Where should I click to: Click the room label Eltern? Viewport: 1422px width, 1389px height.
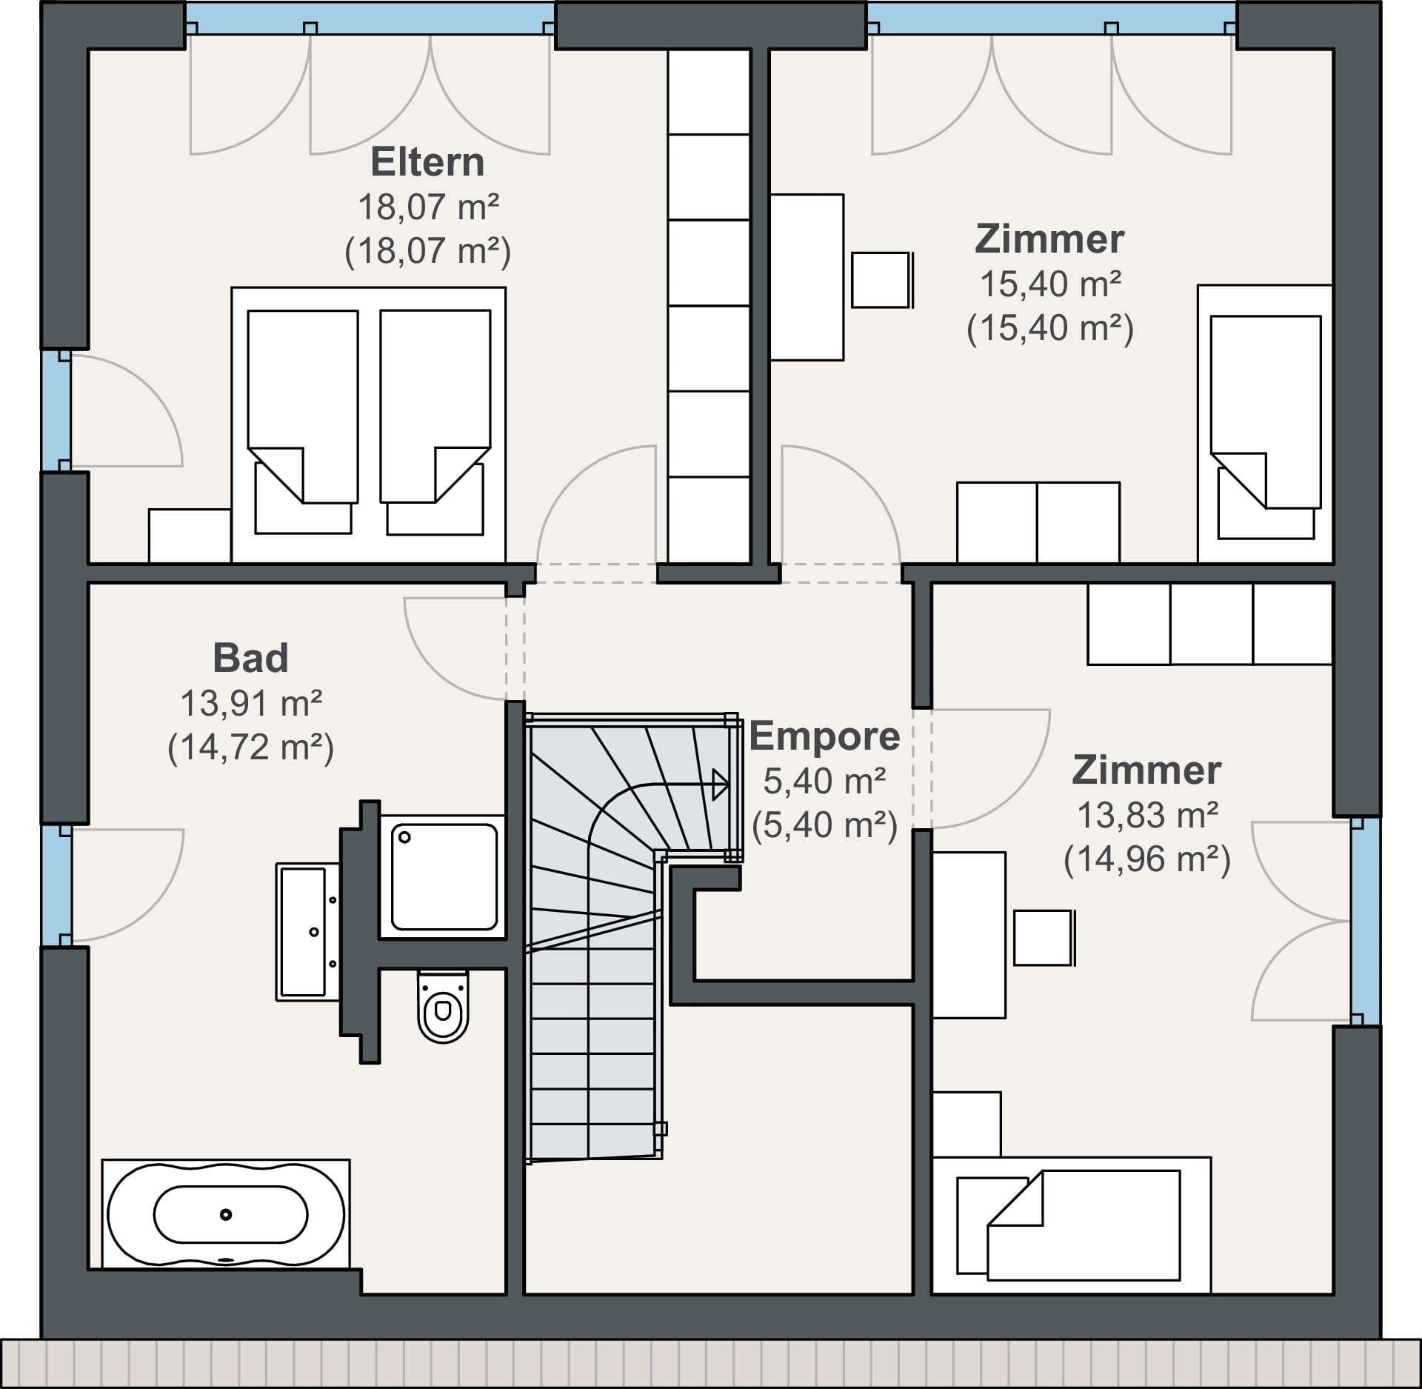(x=427, y=161)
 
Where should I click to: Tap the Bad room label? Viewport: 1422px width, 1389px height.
(x=250, y=658)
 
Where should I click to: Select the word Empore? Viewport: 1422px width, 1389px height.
(x=824, y=736)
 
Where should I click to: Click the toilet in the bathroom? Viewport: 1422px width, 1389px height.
(x=443, y=1006)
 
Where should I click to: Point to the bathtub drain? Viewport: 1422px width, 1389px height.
(x=226, y=1214)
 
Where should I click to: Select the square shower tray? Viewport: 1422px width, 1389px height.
(x=444, y=877)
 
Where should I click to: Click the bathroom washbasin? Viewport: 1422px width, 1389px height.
(x=308, y=932)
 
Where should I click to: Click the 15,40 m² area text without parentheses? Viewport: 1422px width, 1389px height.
(x=1050, y=284)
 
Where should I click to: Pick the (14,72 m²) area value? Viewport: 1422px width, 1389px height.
(x=250, y=747)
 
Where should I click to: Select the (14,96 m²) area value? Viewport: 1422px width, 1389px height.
(x=1147, y=860)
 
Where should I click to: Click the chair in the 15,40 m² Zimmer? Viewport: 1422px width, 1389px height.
(x=881, y=280)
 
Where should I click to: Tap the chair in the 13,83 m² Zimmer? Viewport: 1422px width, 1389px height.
(x=1044, y=938)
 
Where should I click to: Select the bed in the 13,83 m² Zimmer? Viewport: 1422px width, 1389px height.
(x=1071, y=1225)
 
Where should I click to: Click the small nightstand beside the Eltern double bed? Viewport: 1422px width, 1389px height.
(x=190, y=536)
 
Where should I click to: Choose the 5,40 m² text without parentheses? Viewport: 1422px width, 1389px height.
(x=824, y=782)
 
